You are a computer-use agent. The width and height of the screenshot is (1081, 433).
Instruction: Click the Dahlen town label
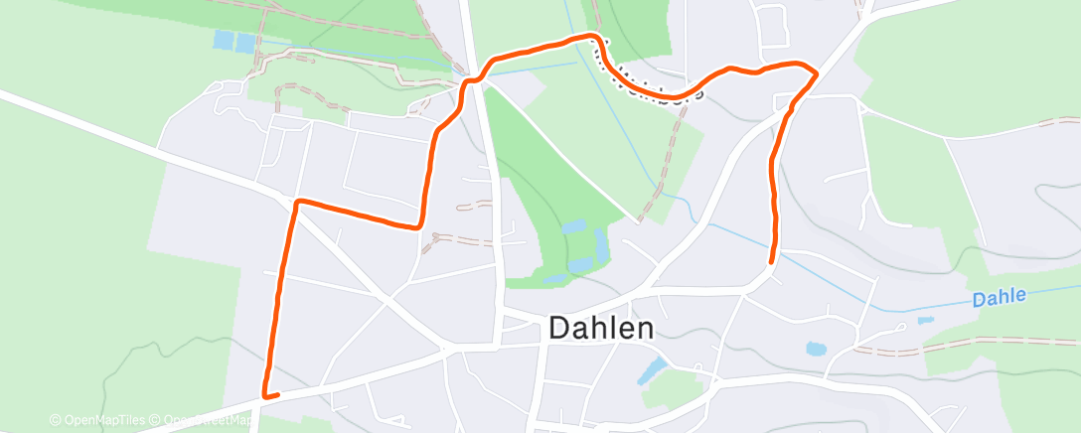point(601,329)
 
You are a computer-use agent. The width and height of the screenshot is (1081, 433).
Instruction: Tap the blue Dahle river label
point(998,297)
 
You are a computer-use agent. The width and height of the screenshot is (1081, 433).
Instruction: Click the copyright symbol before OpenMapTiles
point(56,420)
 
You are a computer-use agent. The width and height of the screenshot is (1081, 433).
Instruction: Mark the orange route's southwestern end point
point(265,395)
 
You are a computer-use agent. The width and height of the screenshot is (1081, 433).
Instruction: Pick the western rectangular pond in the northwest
point(224,41)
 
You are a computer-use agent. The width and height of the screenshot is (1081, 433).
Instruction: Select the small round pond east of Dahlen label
point(816,349)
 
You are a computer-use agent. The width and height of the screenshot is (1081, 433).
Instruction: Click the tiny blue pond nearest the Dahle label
point(926,321)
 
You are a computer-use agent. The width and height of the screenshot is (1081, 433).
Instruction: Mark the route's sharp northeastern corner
point(815,72)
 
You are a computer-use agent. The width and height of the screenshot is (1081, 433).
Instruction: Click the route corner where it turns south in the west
point(296,203)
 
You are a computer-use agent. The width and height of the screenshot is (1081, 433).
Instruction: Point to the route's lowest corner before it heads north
point(421,225)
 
